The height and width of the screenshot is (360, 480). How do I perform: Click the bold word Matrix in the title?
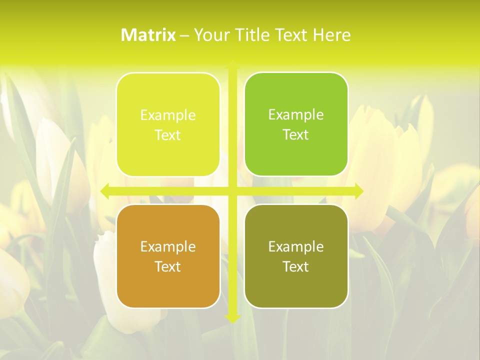pyautogui.click(x=148, y=35)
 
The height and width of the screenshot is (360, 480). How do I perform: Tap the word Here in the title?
pyautogui.click(x=331, y=35)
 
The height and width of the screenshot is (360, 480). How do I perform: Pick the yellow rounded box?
pyautogui.click(x=168, y=124)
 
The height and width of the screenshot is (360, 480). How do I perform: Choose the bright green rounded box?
pyautogui.click(x=296, y=124)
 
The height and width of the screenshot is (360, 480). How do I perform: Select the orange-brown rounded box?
pyautogui.click(x=168, y=256)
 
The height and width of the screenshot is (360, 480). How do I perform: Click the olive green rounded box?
pyautogui.click(x=296, y=256)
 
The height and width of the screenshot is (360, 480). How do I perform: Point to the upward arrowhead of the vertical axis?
pyautogui.click(x=232, y=64)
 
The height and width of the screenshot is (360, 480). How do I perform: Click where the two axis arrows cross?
pyautogui.click(x=232, y=191)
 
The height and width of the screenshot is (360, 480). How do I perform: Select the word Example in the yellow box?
pyautogui.click(x=168, y=115)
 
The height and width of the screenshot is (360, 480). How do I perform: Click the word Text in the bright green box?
pyautogui.click(x=296, y=134)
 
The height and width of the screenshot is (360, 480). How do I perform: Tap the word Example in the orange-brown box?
pyautogui.click(x=168, y=246)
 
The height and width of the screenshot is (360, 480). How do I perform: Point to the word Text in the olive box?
pyautogui.click(x=296, y=266)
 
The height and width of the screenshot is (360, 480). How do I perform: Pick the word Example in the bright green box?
pyautogui.click(x=296, y=114)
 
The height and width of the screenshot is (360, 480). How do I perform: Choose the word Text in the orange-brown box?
pyautogui.click(x=168, y=266)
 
